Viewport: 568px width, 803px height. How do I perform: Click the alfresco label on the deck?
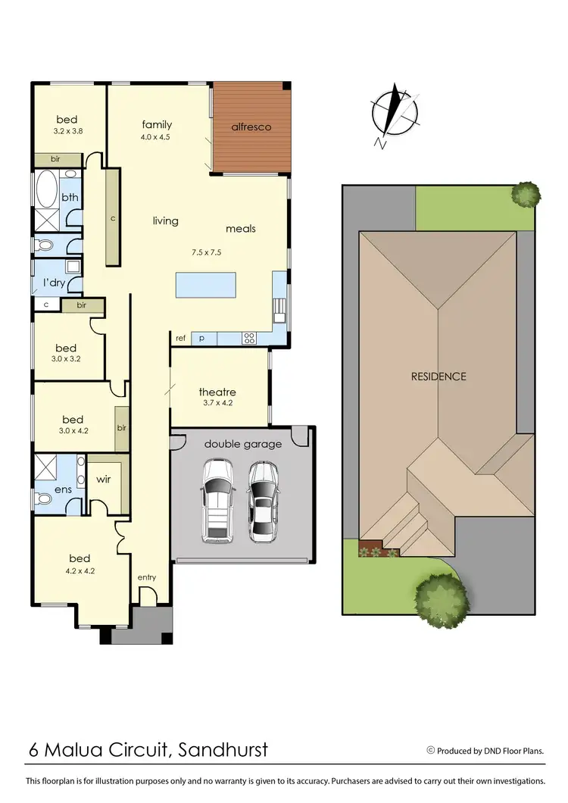[251, 127]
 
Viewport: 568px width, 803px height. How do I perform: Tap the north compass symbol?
[395, 115]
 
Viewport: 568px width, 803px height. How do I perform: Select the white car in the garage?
[217, 501]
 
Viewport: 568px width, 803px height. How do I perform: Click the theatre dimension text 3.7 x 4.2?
[217, 404]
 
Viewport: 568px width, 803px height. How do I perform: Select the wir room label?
[104, 480]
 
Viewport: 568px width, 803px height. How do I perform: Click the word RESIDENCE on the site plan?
[438, 376]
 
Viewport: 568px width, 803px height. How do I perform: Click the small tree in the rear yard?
[525, 194]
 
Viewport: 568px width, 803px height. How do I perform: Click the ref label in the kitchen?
[180, 339]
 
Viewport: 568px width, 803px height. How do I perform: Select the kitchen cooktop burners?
[248, 339]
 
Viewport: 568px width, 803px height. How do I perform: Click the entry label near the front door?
[146, 578]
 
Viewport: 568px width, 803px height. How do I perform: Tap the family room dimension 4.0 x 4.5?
[157, 137]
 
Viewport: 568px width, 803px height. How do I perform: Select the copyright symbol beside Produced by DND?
[431, 751]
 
